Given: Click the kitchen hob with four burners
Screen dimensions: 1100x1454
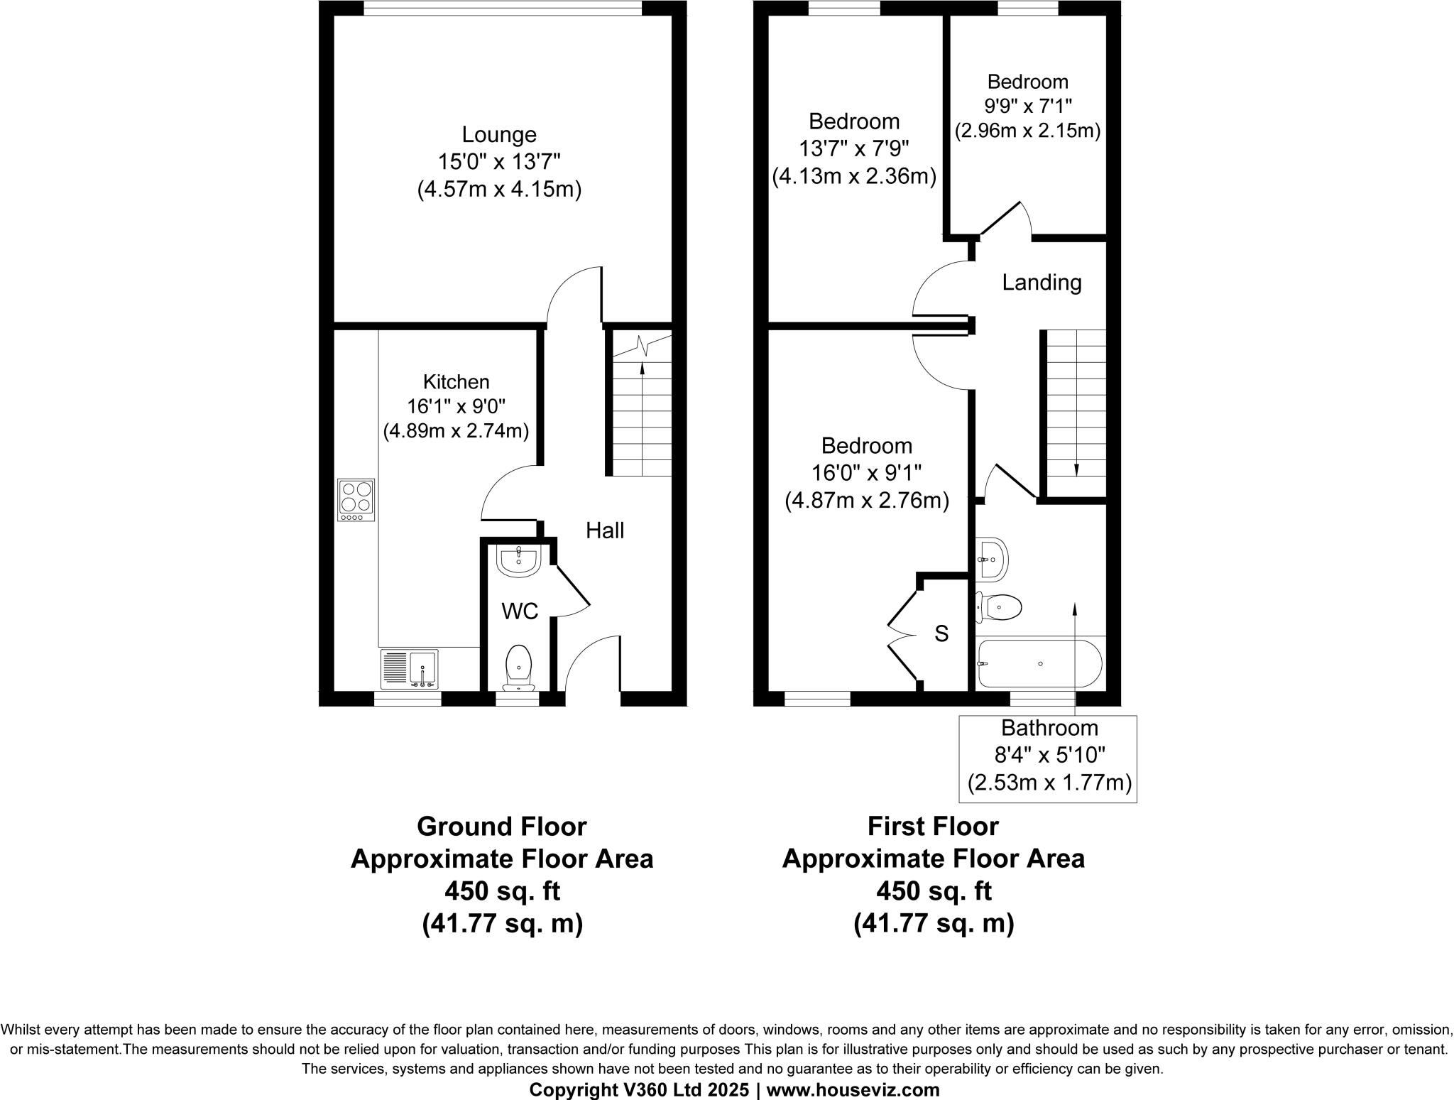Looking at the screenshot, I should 356,500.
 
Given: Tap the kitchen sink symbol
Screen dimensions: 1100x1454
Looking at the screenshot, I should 410,669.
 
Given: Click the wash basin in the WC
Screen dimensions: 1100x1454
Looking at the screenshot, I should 519,561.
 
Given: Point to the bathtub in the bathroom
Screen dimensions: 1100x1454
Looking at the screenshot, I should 1039,663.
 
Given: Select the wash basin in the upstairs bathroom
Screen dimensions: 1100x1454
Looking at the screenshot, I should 992,559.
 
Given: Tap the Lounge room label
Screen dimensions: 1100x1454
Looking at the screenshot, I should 499,134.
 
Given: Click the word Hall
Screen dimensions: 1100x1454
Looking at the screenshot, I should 605,530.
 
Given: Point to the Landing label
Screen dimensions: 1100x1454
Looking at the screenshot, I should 1042,283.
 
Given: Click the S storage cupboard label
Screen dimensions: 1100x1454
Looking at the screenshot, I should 941,633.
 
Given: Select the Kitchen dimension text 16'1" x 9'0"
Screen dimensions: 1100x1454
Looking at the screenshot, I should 456,407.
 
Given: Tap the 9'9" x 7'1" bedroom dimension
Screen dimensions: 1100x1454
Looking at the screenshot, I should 1027,107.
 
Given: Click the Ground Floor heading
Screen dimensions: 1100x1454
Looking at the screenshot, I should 501,827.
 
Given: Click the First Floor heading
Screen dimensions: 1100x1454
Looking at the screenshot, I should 933,827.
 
